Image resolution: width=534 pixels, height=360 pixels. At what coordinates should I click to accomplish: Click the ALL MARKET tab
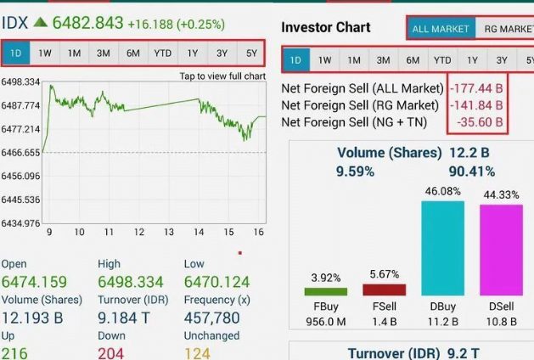[441, 29]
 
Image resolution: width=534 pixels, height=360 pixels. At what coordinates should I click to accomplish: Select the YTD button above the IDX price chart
[162, 53]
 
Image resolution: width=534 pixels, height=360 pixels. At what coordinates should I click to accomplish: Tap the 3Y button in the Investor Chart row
[502, 60]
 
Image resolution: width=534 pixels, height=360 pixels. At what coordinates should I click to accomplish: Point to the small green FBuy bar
[325, 291]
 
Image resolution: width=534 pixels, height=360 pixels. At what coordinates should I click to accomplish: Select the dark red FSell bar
[384, 290]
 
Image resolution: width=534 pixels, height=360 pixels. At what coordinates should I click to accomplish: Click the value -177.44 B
[476, 87]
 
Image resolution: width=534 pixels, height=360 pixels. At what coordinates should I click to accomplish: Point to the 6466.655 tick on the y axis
[21, 153]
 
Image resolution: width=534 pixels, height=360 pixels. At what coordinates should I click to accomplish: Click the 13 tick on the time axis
[169, 232]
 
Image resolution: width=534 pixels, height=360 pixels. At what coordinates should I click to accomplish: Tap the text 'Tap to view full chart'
[222, 76]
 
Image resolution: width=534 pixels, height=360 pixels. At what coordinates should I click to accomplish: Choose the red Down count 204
[111, 352]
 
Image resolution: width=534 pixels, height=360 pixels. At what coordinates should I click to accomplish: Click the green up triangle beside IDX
[40, 22]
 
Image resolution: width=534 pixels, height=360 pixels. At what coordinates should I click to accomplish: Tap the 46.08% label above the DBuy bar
[442, 191]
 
